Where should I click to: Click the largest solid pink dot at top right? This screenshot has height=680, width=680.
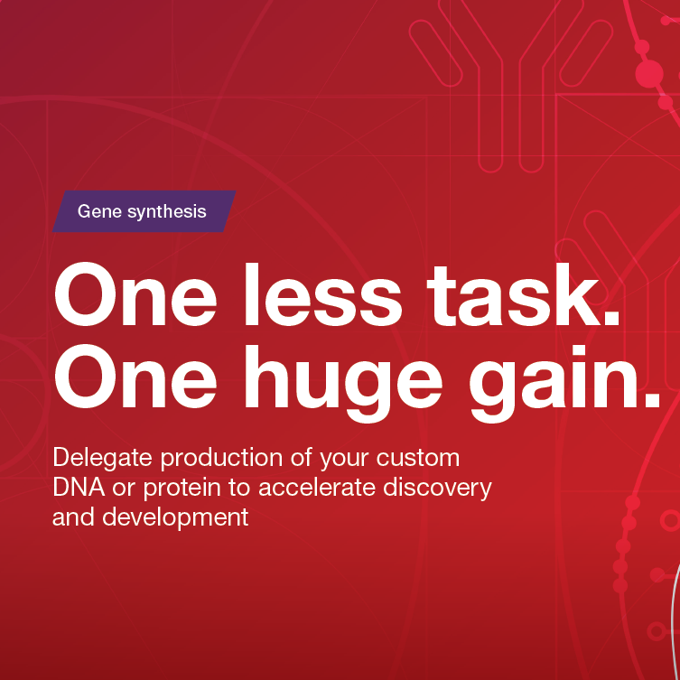(x=648, y=74)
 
